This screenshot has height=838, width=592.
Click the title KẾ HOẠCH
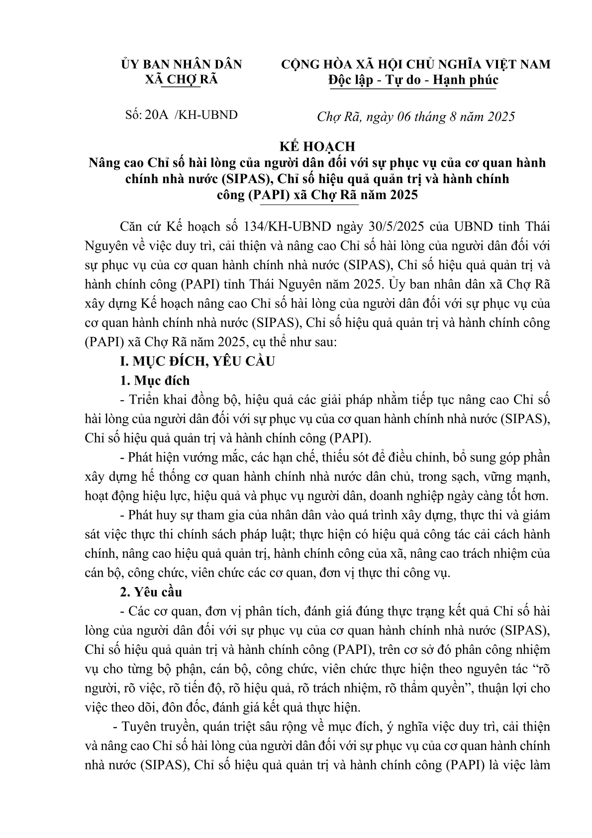coord(316,146)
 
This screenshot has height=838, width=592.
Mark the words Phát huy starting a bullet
coord(151,515)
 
